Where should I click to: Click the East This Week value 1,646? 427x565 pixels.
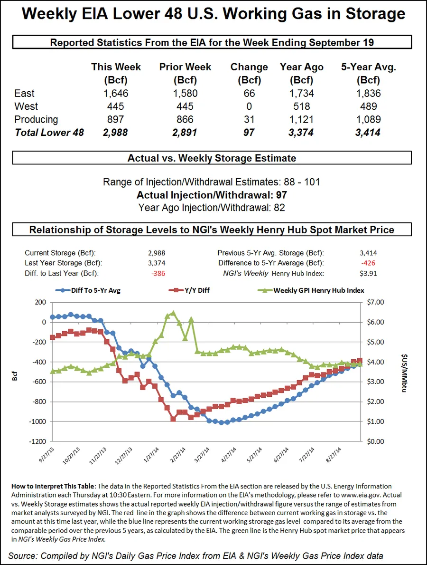click(x=116, y=94)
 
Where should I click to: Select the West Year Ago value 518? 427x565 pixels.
click(x=302, y=106)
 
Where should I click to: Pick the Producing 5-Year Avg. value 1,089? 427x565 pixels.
click(x=368, y=119)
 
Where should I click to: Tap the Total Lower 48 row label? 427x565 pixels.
click(x=49, y=133)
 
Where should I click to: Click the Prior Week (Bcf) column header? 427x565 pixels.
click(x=185, y=73)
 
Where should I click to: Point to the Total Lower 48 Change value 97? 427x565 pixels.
click(x=249, y=133)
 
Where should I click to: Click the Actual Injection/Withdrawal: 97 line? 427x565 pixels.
click(x=212, y=195)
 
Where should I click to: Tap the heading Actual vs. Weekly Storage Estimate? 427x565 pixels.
click(x=212, y=158)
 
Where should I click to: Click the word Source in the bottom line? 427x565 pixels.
click(x=23, y=555)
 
